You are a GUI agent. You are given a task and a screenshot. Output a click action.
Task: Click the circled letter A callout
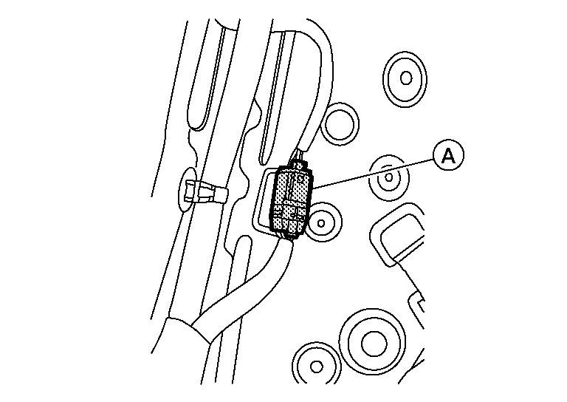click(448, 156)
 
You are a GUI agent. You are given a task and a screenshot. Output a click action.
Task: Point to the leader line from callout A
click(373, 174)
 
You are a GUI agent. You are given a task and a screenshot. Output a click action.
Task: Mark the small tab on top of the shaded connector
click(300, 165)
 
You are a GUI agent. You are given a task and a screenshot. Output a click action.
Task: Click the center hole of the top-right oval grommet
click(406, 78)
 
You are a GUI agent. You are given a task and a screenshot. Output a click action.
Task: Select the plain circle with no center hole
click(340, 123)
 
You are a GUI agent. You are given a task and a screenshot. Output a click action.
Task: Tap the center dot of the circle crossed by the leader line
click(389, 177)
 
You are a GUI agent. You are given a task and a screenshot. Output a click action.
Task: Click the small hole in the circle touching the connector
click(320, 223)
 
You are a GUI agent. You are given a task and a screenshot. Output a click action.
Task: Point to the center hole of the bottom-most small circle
click(317, 367)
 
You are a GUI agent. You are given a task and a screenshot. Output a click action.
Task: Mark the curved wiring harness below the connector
click(242, 286)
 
